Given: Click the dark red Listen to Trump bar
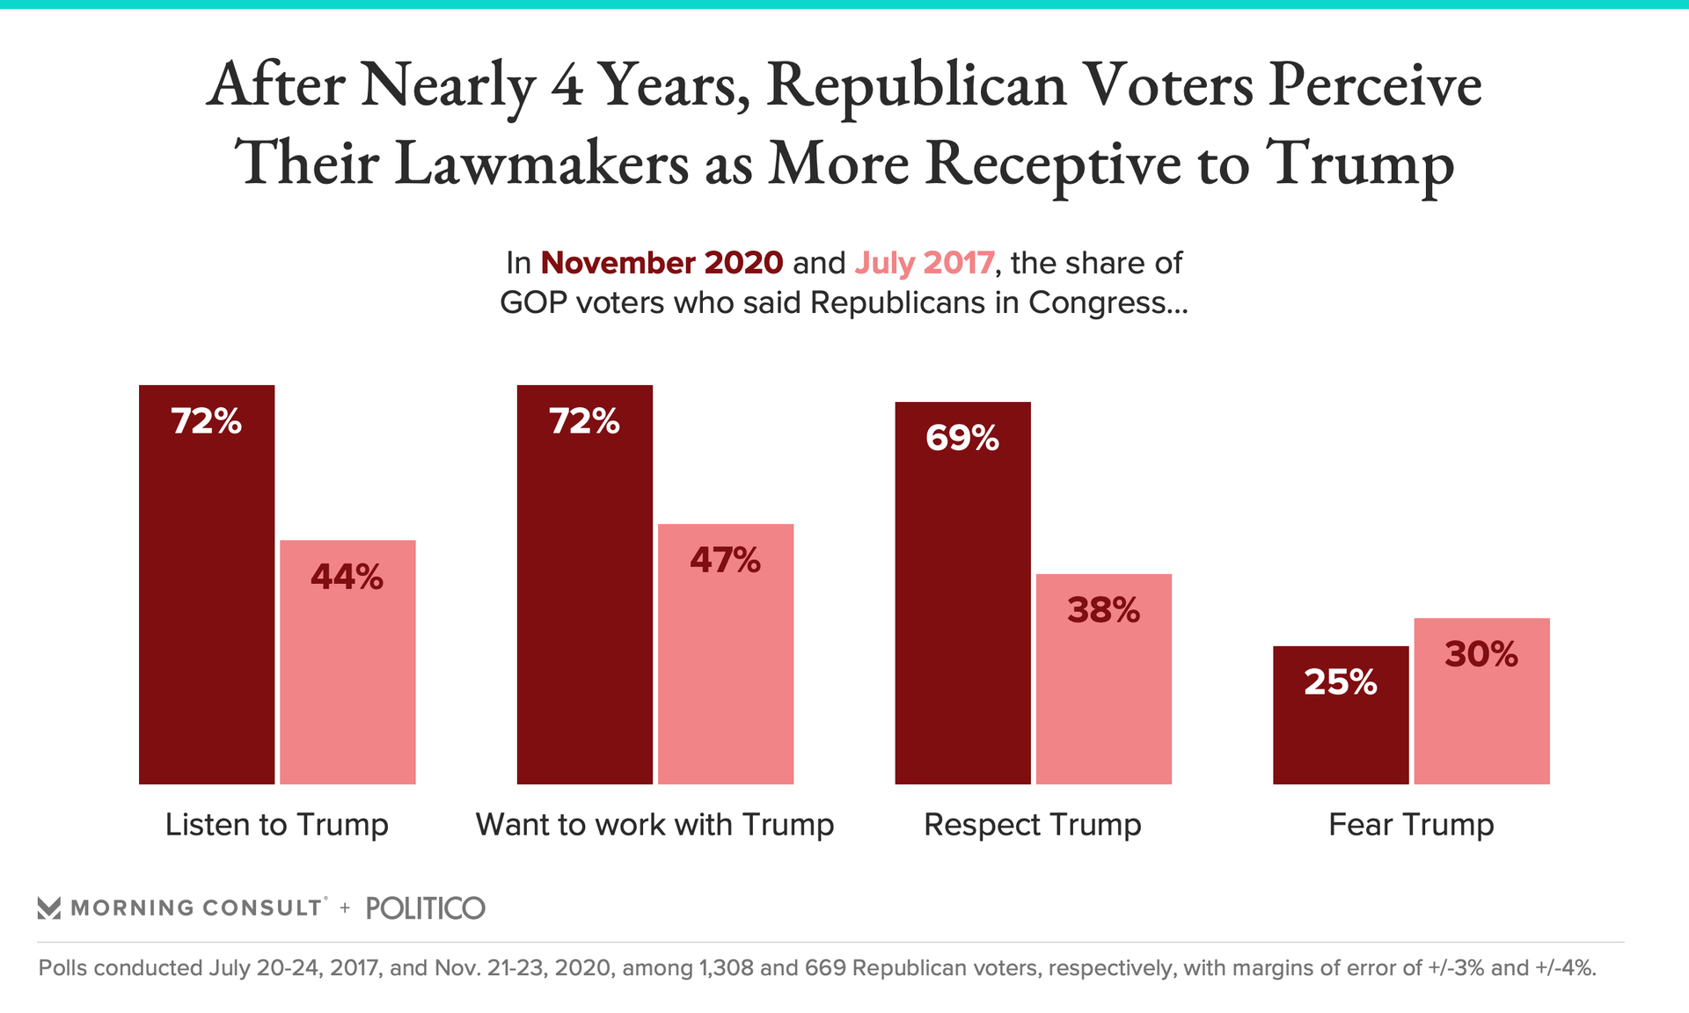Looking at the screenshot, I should (x=207, y=585).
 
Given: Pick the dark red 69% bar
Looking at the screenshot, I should (x=962, y=593).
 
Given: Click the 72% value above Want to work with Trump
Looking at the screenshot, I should (x=584, y=421).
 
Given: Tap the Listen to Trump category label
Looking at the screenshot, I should (x=276, y=825).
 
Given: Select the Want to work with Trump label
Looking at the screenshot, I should (x=654, y=825).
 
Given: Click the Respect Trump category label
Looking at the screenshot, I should (x=1033, y=825).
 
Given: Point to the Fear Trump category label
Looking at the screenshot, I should (x=1411, y=825).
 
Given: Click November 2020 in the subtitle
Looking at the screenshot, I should (x=662, y=263).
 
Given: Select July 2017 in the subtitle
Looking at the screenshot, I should (x=925, y=263).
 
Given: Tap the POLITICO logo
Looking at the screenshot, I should (x=425, y=908).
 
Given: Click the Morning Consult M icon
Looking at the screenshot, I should (x=49, y=908).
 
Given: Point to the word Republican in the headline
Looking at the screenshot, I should (x=916, y=85).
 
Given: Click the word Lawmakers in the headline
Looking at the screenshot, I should (x=541, y=163).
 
